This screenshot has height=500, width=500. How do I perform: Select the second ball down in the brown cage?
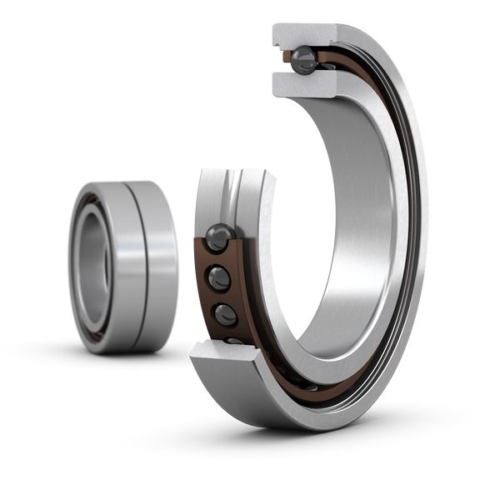click(x=222, y=276)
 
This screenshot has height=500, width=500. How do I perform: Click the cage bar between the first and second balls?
click(x=218, y=257)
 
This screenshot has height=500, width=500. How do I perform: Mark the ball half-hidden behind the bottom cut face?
click(x=234, y=340)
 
